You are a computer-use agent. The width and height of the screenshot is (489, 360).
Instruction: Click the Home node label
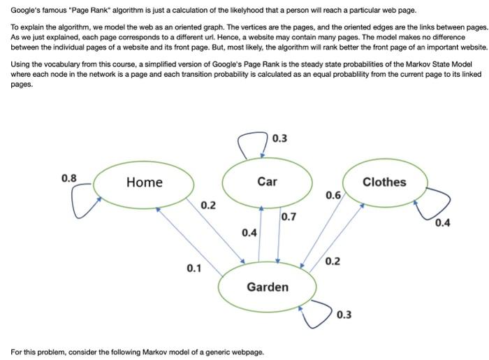pyautogui.click(x=144, y=182)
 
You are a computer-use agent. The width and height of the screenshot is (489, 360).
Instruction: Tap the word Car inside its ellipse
pyautogui.click(x=267, y=182)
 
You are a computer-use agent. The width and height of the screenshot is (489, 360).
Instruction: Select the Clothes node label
pyautogui.click(x=384, y=182)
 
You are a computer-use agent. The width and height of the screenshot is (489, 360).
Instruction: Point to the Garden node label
pyautogui.click(x=267, y=287)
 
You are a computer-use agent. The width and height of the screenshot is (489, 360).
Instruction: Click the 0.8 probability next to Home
pyautogui.click(x=69, y=178)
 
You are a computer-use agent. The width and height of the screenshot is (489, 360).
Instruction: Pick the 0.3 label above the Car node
pyautogui.click(x=279, y=138)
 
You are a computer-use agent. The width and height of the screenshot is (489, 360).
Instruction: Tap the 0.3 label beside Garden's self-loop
pyautogui.click(x=344, y=315)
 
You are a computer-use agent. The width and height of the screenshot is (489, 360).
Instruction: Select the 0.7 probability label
pyautogui.click(x=289, y=217)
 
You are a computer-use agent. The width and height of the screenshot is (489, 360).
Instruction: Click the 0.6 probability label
pyautogui.click(x=333, y=196)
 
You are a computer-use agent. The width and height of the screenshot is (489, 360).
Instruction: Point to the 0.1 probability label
pyautogui.click(x=194, y=268)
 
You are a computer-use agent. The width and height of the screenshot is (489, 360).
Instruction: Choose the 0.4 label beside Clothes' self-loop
pyautogui.click(x=442, y=224)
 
